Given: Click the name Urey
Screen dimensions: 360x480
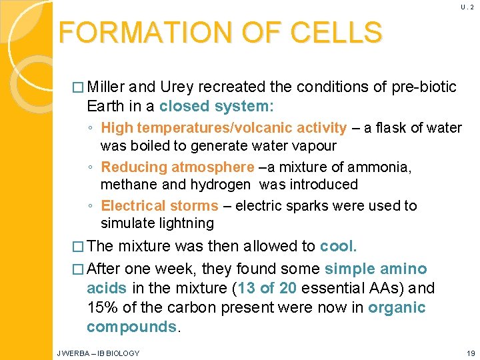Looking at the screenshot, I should point(181,87).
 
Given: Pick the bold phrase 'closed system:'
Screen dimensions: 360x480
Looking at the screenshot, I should point(217,107).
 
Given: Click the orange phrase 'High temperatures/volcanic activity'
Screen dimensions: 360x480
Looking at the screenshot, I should point(224,127).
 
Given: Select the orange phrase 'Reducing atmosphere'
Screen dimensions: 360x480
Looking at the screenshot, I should point(177,167).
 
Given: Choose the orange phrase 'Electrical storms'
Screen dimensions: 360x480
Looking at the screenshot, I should point(159,206).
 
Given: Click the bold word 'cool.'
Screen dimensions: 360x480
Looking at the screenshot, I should point(338,246).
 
